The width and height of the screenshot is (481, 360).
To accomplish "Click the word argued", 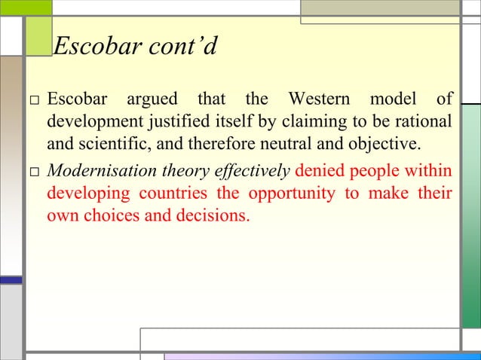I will (152, 99).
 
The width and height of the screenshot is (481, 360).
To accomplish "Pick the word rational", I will (425, 121).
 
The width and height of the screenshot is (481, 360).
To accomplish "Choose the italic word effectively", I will (254, 171).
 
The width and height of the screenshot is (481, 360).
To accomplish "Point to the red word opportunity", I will (290, 194).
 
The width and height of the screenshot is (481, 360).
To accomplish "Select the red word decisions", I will (213, 216).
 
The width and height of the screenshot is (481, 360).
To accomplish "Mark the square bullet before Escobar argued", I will (34, 100).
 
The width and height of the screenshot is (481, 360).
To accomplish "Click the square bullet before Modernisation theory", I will (34, 172).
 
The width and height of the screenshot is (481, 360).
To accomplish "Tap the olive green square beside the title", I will (38, 35).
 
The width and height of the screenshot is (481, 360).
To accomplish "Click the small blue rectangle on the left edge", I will (11, 279).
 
